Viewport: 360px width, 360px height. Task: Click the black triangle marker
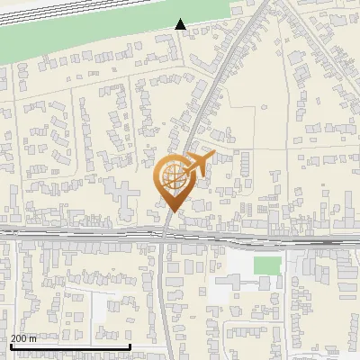181,24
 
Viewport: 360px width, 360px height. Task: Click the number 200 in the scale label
19,339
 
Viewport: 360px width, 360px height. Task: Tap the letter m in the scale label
33,339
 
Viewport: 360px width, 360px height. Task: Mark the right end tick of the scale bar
130,345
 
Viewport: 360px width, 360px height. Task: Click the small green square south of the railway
266,265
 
